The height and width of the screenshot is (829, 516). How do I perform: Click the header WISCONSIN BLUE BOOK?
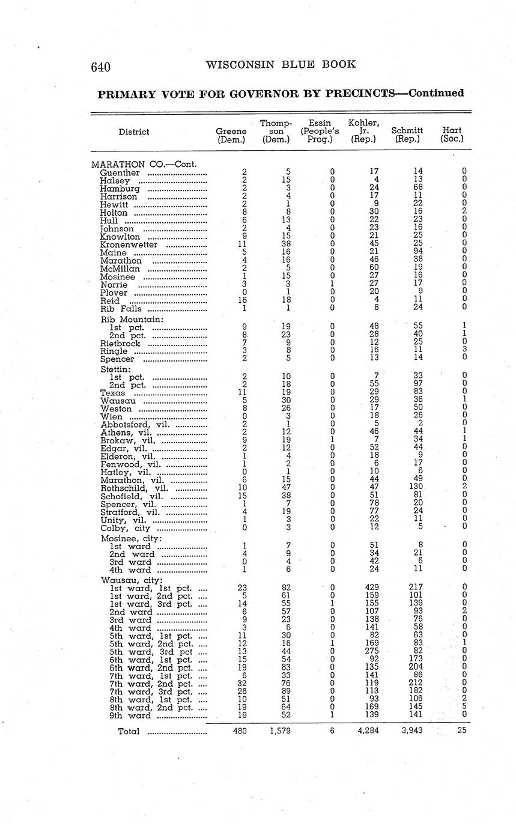[281, 65]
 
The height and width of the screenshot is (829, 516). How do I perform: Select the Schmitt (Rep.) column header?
[407, 135]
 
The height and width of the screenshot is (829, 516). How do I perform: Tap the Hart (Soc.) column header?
[452, 135]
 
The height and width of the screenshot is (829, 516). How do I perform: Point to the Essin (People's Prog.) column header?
[320, 131]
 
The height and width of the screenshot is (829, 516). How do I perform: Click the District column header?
[134, 132]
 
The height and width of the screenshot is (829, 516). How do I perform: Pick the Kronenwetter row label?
[129, 245]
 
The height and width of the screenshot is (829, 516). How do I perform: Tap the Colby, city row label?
[126, 528]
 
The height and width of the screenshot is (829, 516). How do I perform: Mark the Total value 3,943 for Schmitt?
[412, 731]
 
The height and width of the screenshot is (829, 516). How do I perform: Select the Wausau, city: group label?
[132, 580]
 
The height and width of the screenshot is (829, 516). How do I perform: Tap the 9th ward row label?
[130, 715]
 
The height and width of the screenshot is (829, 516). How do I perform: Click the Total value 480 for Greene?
[239, 731]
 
